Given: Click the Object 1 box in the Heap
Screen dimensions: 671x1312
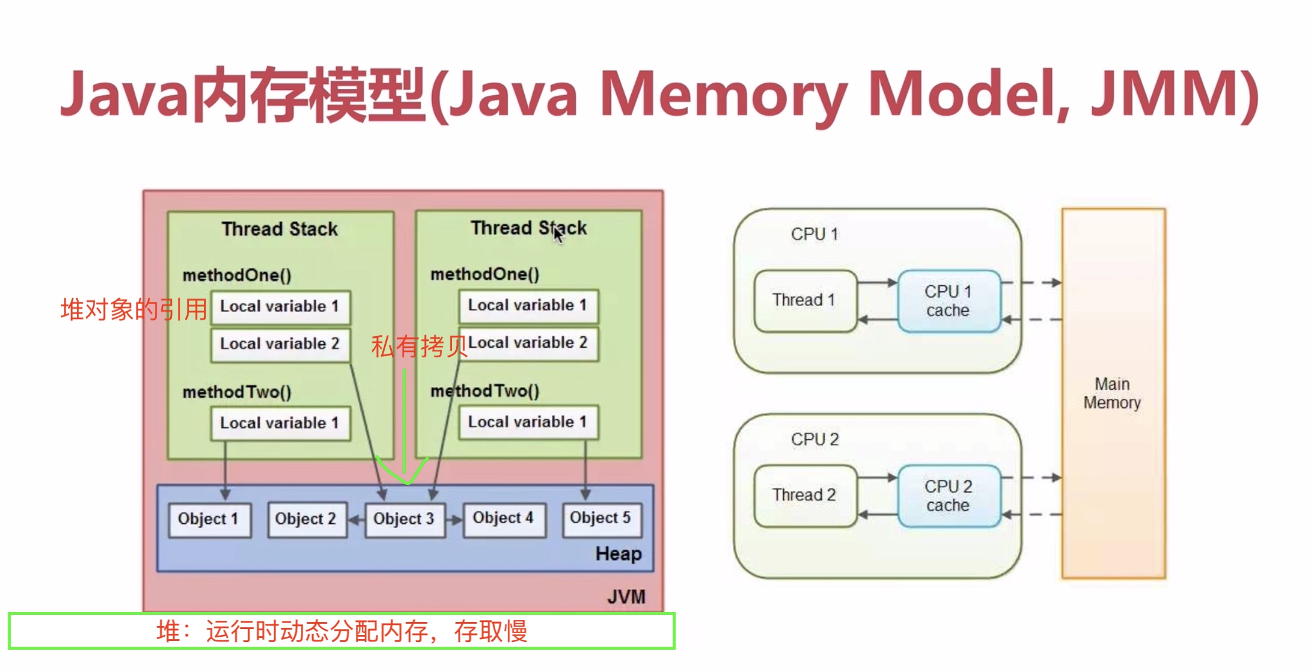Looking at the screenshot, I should (209, 519).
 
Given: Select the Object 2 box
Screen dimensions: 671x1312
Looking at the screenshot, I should (306, 519).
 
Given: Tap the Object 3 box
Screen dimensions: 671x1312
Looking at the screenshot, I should (404, 519).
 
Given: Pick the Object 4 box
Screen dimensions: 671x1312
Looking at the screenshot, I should (504, 519).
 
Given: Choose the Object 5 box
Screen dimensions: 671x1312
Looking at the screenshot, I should (601, 519).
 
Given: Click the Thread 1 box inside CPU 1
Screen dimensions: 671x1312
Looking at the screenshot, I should (804, 301).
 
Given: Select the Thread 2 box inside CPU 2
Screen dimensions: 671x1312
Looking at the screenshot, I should (804, 495).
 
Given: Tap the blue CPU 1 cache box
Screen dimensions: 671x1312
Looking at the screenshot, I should (948, 301).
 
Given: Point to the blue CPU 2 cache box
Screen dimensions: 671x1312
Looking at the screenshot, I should (948, 496).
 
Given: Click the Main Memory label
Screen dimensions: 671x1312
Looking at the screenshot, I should (1112, 393).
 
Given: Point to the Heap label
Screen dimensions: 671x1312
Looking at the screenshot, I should (618, 554).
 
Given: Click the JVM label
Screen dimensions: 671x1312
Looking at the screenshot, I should (626, 597).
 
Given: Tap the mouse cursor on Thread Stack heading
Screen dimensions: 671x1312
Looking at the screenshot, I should (558, 234).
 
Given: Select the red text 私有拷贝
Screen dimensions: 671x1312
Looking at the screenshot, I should (419, 346).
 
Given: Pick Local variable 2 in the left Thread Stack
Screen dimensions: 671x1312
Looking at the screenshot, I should (280, 344).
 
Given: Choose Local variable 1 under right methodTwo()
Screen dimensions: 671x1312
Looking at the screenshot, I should (528, 422).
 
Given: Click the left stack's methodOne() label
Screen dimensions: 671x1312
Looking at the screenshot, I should (237, 275).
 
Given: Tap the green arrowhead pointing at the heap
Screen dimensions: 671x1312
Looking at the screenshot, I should (405, 475).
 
